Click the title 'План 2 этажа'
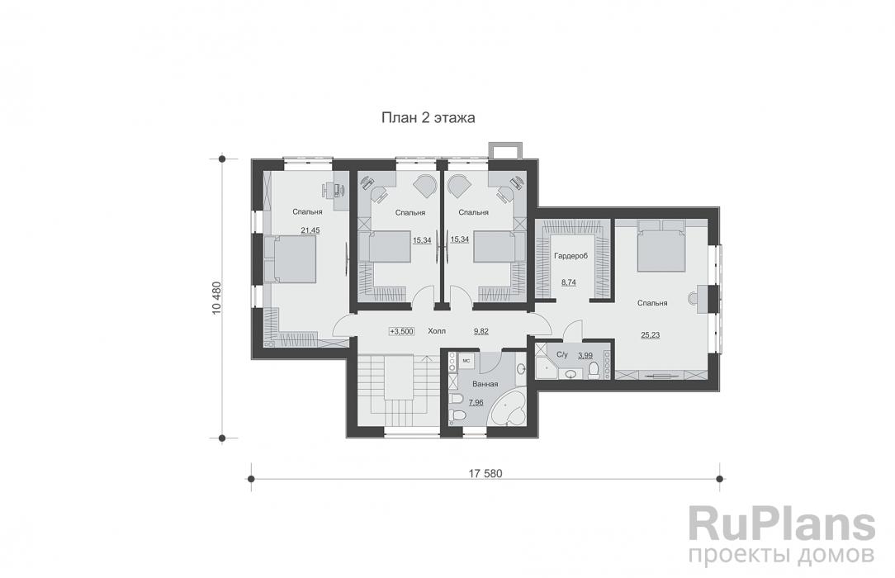(x=428, y=118)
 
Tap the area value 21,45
(x=310, y=230)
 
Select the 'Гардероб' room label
(x=571, y=256)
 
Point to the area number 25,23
(x=650, y=335)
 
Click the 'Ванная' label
(x=485, y=384)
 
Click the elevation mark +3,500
(x=402, y=331)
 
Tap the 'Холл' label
(x=437, y=331)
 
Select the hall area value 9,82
(x=481, y=331)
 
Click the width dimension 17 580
(x=485, y=473)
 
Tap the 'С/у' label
(x=562, y=355)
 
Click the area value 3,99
(x=585, y=355)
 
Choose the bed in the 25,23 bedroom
(x=661, y=245)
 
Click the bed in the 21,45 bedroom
(x=290, y=259)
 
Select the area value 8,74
(x=569, y=282)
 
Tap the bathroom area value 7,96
(x=476, y=402)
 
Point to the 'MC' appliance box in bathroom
(x=466, y=361)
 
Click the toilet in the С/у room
(x=593, y=371)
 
